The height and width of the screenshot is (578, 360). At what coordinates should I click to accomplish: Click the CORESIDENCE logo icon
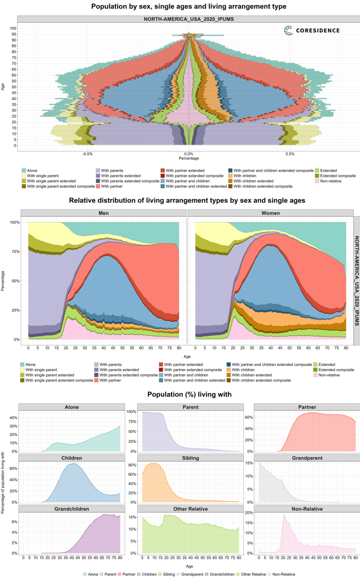click(x=289, y=31)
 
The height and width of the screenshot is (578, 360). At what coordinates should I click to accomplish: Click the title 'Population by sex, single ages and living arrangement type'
click(x=180, y=7)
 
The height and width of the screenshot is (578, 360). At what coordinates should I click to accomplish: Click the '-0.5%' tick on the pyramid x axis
click(x=88, y=154)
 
